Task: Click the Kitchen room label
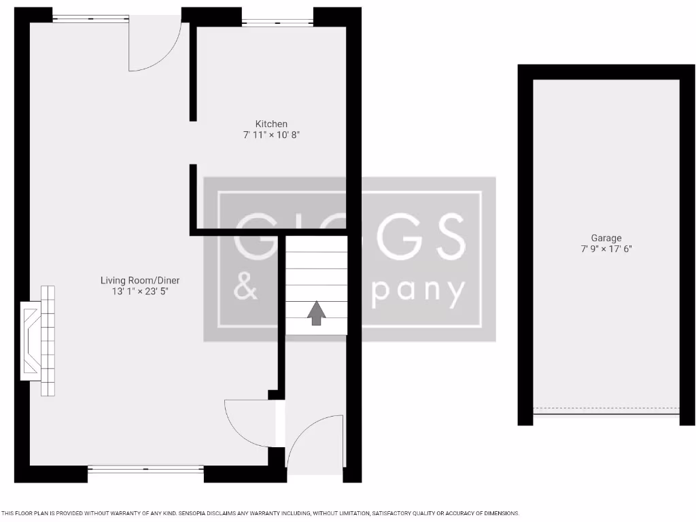pyautogui.click(x=271, y=124)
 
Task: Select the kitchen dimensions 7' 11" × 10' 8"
pyautogui.click(x=271, y=135)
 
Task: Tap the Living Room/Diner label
pyautogui.click(x=140, y=280)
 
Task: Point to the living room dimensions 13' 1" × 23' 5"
pyautogui.click(x=140, y=292)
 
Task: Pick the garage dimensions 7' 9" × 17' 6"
pyautogui.click(x=606, y=249)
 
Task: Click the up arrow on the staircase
pyautogui.click(x=316, y=313)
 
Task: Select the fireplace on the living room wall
pyautogui.click(x=39, y=341)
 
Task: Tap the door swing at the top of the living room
pyautogui.click(x=155, y=45)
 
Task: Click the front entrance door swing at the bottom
pyautogui.click(x=314, y=441)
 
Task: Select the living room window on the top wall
pyautogui.click(x=90, y=18)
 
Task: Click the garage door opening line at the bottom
pyautogui.click(x=606, y=411)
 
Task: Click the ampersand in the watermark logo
pyautogui.click(x=245, y=290)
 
